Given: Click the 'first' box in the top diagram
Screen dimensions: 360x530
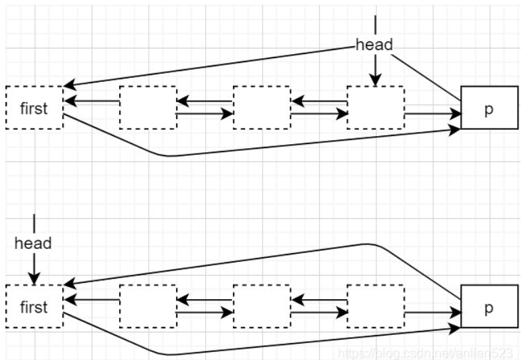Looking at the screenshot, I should [x=33, y=108].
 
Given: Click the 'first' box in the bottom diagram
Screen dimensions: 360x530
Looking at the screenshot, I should [x=33, y=307].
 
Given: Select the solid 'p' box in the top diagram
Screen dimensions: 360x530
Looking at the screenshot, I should [x=489, y=108].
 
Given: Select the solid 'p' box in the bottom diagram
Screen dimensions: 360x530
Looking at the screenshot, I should [x=489, y=307].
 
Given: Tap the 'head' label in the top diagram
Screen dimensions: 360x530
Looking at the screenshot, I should [x=374, y=45].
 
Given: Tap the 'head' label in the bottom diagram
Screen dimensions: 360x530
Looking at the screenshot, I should [x=33, y=244].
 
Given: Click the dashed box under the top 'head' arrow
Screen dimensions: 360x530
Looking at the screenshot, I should [x=375, y=108].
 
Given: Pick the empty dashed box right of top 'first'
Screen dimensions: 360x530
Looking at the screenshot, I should [x=148, y=108].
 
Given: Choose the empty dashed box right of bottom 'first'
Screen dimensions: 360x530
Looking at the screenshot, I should [x=148, y=307].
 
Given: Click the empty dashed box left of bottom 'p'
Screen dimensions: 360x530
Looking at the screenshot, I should [x=375, y=307].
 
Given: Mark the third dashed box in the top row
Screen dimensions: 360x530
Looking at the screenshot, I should [x=261, y=108].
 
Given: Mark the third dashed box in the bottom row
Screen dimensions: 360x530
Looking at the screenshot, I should [x=261, y=307].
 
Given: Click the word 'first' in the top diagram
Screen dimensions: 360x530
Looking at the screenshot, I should [x=33, y=108].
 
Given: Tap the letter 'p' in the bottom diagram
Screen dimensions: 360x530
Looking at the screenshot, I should [x=489, y=307].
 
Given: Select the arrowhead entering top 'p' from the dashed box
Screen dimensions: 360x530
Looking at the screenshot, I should [x=455, y=114].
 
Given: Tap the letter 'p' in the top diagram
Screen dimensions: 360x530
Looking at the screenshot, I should [x=489, y=108].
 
